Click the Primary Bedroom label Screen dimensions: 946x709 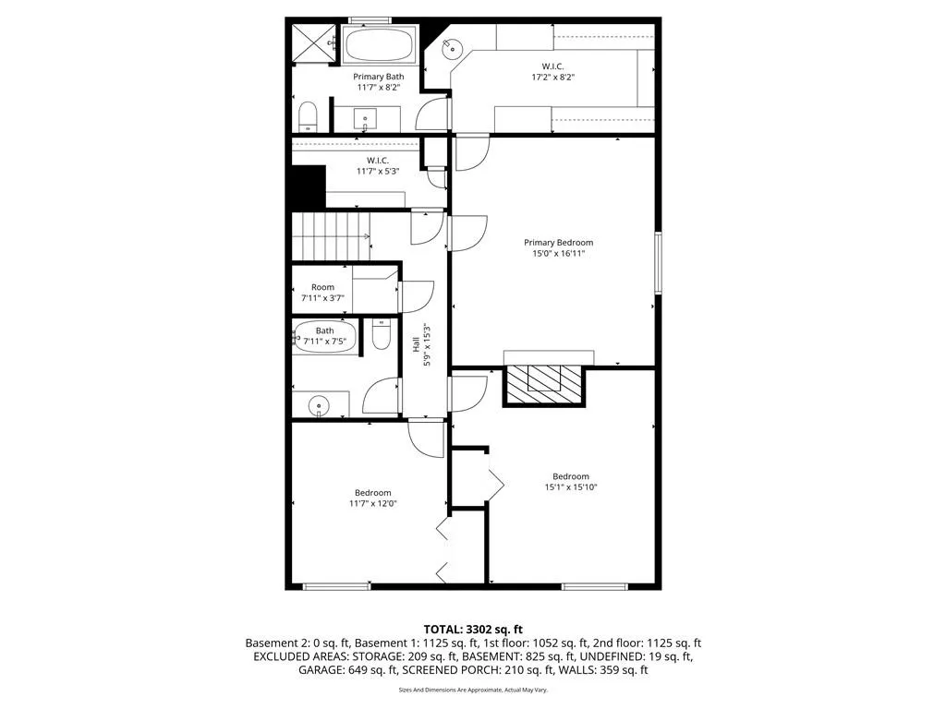point(558,243)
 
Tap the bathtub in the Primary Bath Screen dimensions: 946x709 point(380,44)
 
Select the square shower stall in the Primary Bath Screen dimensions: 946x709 point(312,43)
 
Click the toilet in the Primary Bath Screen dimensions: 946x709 point(308,117)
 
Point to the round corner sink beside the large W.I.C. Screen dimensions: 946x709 point(451,48)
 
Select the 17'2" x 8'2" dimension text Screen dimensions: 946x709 point(552,78)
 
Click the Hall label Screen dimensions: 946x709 point(416,345)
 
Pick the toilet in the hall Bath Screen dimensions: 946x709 point(380,334)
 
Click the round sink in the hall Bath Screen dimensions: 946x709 point(318,406)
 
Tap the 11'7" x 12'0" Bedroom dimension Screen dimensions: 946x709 point(373,503)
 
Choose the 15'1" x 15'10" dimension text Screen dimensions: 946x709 point(570,487)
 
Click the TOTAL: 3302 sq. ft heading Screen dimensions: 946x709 point(473,630)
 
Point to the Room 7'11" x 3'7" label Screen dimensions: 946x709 point(322,293)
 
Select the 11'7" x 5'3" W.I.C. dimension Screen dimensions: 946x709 point(378,171)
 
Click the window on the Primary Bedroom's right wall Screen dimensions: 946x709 point(658,262)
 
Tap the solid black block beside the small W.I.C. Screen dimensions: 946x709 point(309,187)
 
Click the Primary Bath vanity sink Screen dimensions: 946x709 point(365,117)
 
